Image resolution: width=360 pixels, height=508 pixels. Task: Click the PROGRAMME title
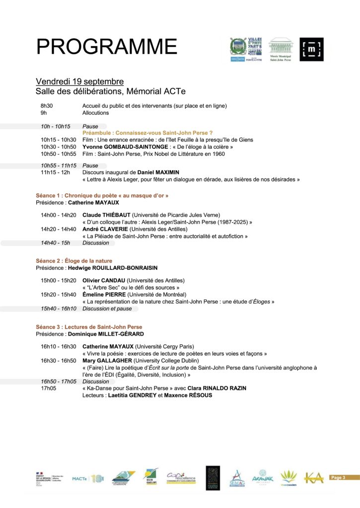pos(106,47)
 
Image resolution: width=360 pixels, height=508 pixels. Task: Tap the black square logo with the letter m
pos(311,50)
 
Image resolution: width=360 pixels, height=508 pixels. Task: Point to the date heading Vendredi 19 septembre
pos(79,81)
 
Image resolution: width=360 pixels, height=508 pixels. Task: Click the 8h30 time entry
pos(47,106)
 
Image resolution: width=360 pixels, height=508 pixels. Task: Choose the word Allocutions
pos(95,113)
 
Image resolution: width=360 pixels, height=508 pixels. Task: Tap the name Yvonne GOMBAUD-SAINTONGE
pos(121,147)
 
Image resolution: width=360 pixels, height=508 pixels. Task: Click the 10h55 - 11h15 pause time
pos(59,165)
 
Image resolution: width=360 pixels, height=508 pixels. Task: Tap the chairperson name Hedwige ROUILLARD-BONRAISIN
pos(113,267)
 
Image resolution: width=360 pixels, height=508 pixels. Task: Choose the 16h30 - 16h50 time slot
pos(59,360)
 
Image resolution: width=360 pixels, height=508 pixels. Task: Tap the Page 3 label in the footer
pos(338,477)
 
